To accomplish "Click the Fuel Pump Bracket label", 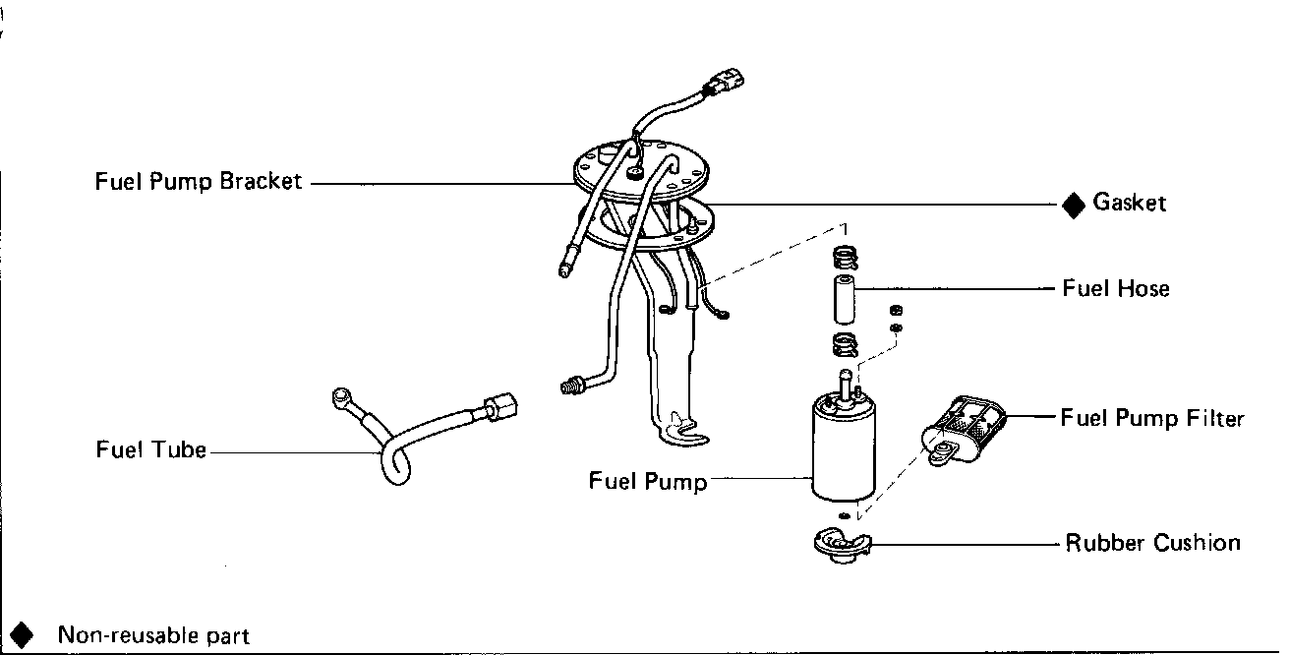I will pyautogui.click(x=199, y=182).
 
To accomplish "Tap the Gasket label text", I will pyautogui.click(x=1129, y=204).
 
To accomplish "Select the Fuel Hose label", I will pyautogui.click(x=1116, y=289).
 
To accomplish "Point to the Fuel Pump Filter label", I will pyautogui.click(x=1152, y=419).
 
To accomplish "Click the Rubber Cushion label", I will pyautogui.click(x=1152, y=543).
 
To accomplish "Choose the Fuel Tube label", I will pyautogui.click(x=151, y=450).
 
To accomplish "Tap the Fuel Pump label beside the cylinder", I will pyautogui.click(x=648, y=481).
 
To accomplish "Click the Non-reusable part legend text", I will pyautogui.click(x=153, y=635).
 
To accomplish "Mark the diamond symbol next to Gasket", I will pyautogui.click(x=1073, y=205).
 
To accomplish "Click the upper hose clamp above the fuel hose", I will pyautogui.click(x=845, y=259).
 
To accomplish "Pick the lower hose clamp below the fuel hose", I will pyautogui.click(x=844, y=345).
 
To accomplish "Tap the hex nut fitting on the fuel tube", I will pyautogui.click(x=499, y=406).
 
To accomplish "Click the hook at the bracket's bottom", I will pyautogui.click(x=684, y=429).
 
